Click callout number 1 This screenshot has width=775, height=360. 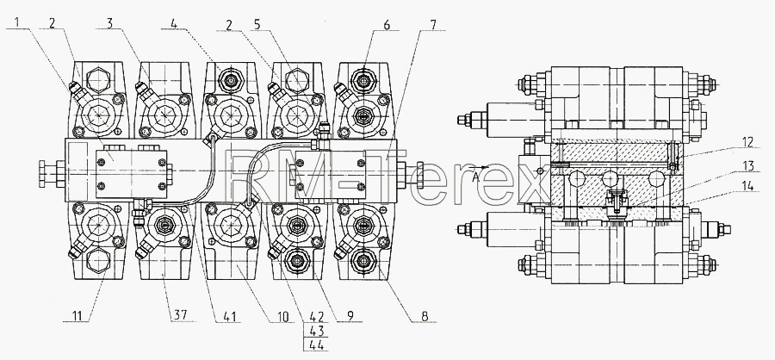coord(18,22)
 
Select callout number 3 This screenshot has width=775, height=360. coord(109,22)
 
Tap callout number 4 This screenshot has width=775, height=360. coord(173,23)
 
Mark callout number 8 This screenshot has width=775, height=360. coord(425,315)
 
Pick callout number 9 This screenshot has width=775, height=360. coord(350,315)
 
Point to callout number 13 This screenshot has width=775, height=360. coord(749,166)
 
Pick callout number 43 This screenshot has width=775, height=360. coord(315,331)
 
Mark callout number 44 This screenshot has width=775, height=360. coord(315,344)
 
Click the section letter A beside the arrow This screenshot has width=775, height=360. coord(475,178)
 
